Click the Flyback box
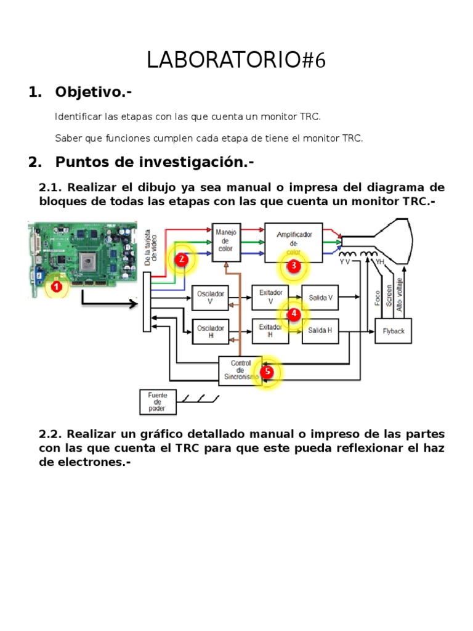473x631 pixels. pos(394,331)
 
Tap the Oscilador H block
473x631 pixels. pos(211,332)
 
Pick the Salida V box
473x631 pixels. pos(320,298)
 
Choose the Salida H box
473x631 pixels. pos(320,330)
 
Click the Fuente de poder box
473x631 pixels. pos(158,402)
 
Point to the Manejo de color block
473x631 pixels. pos(225,242)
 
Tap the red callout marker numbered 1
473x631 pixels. pos(57,287)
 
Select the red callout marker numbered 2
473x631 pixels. pos(181,260)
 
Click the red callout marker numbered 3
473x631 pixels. pos(294,266)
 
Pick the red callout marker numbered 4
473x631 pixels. pos(294,314)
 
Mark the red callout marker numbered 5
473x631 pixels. pos(267,372)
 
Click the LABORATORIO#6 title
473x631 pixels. pos(236,61)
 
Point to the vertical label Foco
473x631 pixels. pos(378,298)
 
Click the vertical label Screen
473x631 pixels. pos(389,296)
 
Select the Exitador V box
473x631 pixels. pos(270,298)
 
